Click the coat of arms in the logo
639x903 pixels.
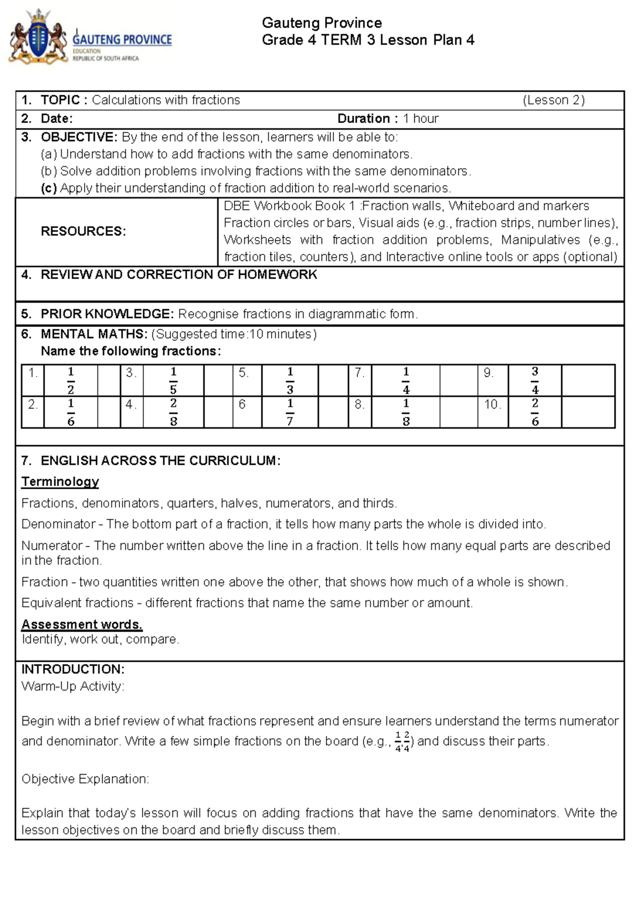tap(38, 38)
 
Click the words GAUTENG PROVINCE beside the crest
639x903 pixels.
tap(122, 39)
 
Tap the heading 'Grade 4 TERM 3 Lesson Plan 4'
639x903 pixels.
tap(368, 40)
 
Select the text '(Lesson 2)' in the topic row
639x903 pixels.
tap(553, 100)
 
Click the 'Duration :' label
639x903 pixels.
tap(367, 119)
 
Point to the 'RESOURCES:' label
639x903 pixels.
tap(84, 231)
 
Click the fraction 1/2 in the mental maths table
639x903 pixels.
tap(70, 380)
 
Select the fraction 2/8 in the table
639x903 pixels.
tap(173, 412)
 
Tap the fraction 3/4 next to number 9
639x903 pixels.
tap(535, 380)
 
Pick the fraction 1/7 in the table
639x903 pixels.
tap(290, 412)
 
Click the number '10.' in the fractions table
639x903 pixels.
tap(493, 405)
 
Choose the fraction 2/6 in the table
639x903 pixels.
tap(535, 412)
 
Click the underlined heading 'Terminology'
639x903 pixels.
tap(60, 481)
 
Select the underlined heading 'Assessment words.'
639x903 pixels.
tap(82, 624)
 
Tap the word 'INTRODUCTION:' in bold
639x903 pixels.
tap(73, 669)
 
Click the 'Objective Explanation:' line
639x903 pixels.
tap(85, 779)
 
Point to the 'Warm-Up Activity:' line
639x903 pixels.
tap(73, 686)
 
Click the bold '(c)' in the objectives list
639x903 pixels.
tap(48, 188)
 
